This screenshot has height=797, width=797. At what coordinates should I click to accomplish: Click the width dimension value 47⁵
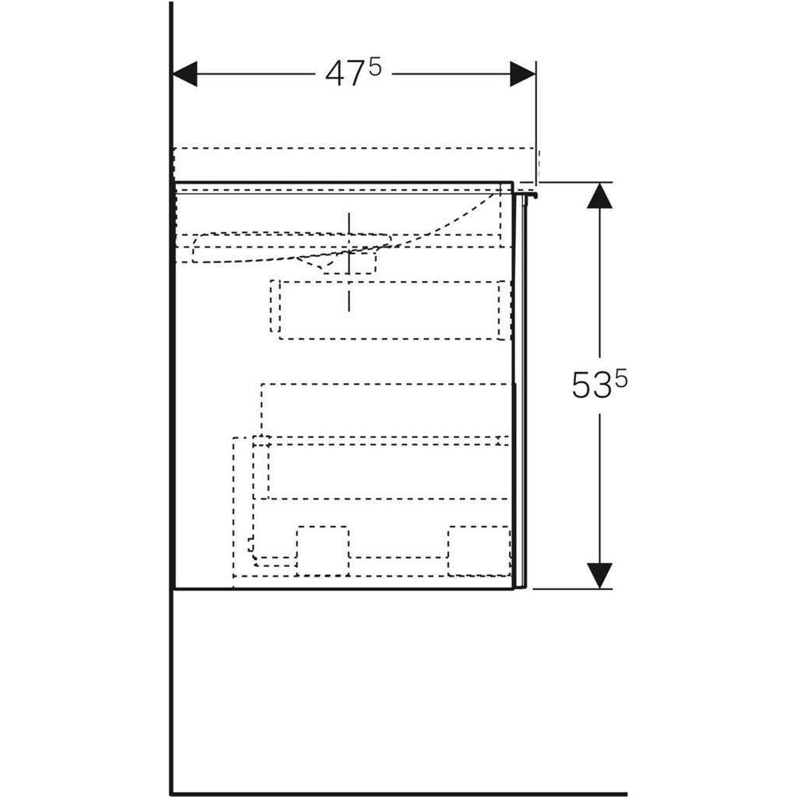353,73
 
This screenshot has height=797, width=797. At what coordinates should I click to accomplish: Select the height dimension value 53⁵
599,384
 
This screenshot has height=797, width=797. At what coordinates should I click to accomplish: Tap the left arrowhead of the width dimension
185,74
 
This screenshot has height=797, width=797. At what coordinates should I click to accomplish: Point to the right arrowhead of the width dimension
522,74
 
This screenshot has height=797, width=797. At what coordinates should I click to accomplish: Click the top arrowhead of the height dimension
599,196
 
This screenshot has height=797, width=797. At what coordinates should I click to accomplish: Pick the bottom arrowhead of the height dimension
599,575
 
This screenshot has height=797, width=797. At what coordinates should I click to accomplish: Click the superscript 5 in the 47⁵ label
375,67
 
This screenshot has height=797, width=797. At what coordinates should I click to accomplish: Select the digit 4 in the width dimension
335,74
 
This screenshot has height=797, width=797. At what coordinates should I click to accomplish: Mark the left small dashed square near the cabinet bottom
322,551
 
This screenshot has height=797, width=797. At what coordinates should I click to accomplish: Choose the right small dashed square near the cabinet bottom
478,551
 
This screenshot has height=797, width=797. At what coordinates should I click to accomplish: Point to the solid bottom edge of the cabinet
342,588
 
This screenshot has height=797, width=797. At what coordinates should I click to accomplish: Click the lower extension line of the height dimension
572,588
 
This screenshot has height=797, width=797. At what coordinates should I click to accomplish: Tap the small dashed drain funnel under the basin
327,263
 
